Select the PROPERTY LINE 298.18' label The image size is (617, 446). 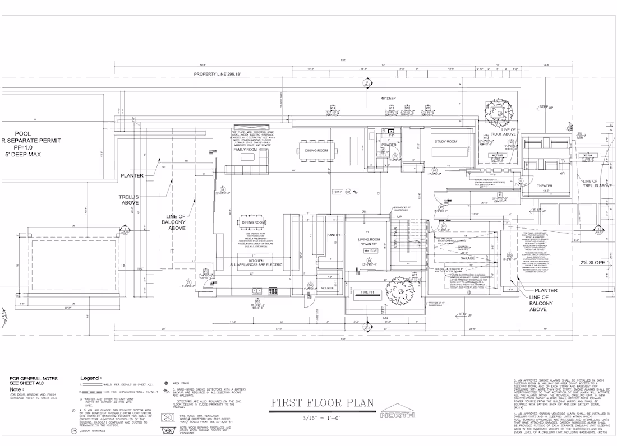[217, 74]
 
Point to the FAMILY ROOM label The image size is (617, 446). [245, 150]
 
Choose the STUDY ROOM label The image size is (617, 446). [446, 142]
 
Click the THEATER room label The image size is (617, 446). [544, 185]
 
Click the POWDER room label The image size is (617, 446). [389, 145]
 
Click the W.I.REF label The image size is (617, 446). [328, 289]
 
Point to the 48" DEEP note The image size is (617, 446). [388, 99]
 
